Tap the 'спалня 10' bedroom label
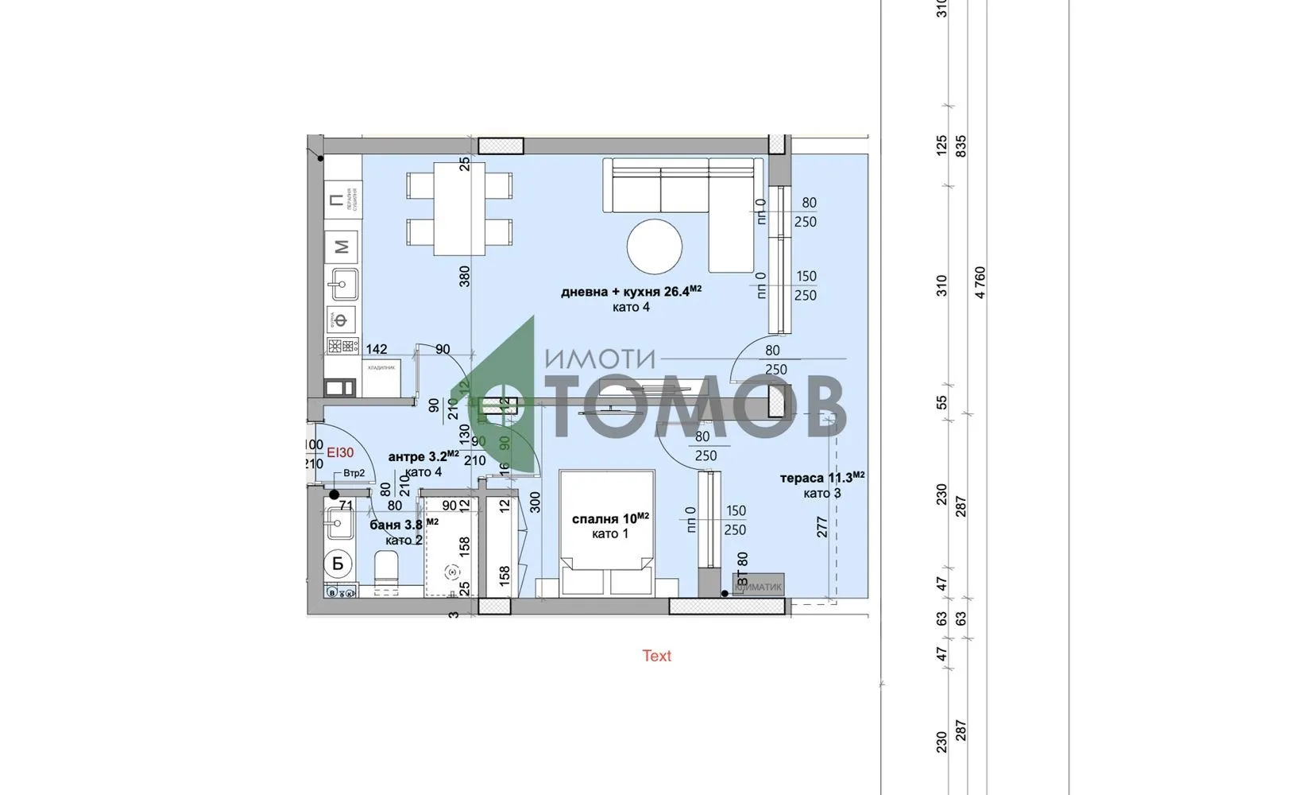[610, 518]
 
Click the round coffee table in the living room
[654, 246]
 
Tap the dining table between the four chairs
[459, 208]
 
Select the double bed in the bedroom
[606, 531]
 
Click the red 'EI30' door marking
[340, 452]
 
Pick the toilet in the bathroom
[386, 574]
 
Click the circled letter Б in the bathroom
[338, 564]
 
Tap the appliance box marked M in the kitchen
[342, 247]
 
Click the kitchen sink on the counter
[344, 283]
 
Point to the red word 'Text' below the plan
[656, 656]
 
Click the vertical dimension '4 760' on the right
[980, 283]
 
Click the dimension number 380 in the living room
[465, 276]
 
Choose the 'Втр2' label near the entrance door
[354, 474]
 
